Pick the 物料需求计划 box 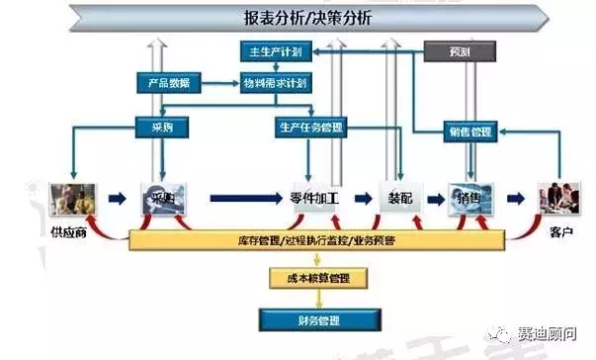[274, 84]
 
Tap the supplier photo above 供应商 [74, 198]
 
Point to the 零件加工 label [315, 199]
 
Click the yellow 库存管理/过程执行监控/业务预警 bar [316, 240]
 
